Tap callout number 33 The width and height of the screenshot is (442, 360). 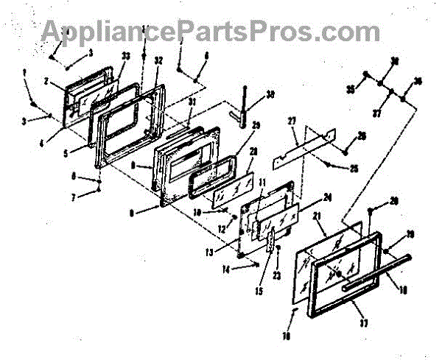tap(125, 56)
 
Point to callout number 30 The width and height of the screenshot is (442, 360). tap(270, 94)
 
